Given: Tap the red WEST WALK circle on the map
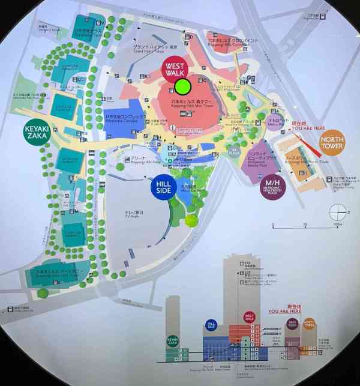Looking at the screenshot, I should pos(175,69).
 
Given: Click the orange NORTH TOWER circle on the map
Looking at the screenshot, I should pos(332,141).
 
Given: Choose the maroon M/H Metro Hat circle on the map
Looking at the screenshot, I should pos(273,187).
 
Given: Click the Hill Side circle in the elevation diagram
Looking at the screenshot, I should pos(211,325).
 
